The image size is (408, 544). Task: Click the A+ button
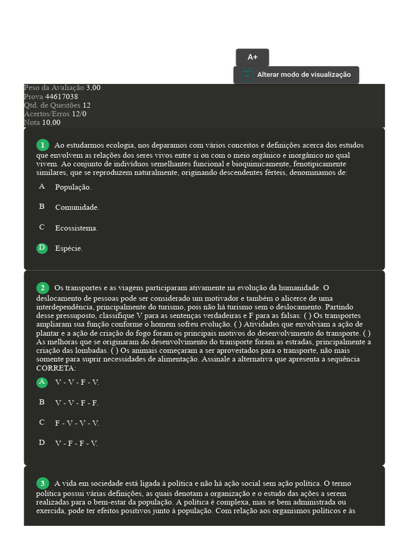coord(252,57)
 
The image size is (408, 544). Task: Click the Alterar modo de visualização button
coord(303,75)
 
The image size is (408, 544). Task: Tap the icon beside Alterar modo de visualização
coord(247,75)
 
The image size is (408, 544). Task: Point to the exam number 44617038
coord(62,97)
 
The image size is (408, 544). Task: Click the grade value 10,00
coord(52,122)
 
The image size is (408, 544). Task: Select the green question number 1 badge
coord(42,145)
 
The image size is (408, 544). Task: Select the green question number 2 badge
coord(42,288)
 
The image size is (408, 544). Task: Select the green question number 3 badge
coord(42,483)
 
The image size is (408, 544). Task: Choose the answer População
coord(73,187)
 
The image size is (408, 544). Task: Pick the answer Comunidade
coord(77,207)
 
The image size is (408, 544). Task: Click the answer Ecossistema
coord(76,228)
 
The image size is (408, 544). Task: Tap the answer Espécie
coord(69,248)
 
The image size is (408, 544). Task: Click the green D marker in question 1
coord(41,248)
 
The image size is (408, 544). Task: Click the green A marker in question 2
coord(41,382)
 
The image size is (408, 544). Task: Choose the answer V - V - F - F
coord(76,403)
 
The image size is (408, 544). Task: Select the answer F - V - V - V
coord(77,423)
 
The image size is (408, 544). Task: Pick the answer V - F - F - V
coord(76,443)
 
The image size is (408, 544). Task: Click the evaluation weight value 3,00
coord(93,88)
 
